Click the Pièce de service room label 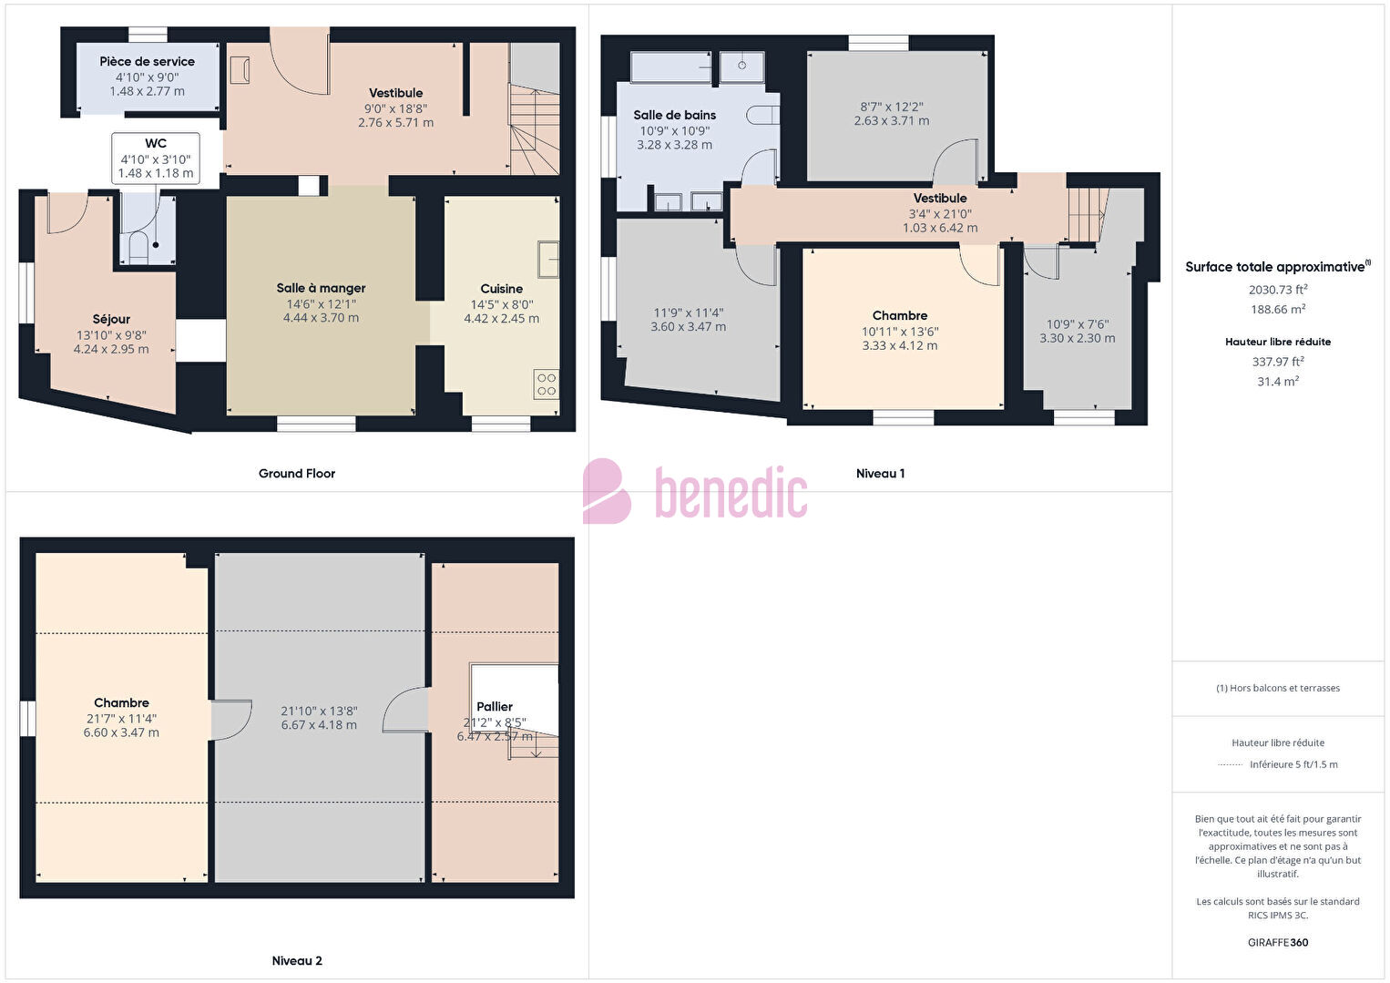(147, 61)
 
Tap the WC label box (156, 158)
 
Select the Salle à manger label (321, 288)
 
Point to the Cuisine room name (501, 289)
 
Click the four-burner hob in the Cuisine (547, 384)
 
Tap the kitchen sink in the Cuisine (548, 260)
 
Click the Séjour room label (111, 319)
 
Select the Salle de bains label (675, 115)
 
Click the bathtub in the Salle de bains (670, 67)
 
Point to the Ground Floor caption (297, 474)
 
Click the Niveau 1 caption (880, 474)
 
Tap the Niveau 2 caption (297, 960)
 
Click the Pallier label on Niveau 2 (495, 706)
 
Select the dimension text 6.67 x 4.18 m (319, 725)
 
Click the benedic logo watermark (695, 492)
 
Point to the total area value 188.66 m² (1278, 309)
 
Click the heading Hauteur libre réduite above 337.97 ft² (1278, 342)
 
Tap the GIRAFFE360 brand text (1278, 942)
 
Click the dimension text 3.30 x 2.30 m (1078, 338)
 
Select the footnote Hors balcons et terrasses (1278, 688)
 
